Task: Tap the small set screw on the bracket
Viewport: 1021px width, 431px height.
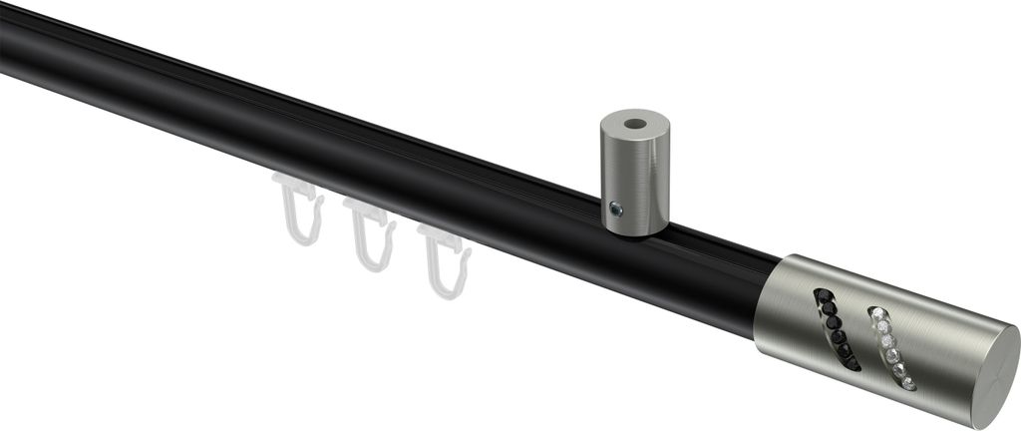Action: point(617,210)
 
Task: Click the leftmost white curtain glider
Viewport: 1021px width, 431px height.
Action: point(300,215)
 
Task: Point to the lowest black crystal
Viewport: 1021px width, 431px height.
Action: point(852,363)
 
